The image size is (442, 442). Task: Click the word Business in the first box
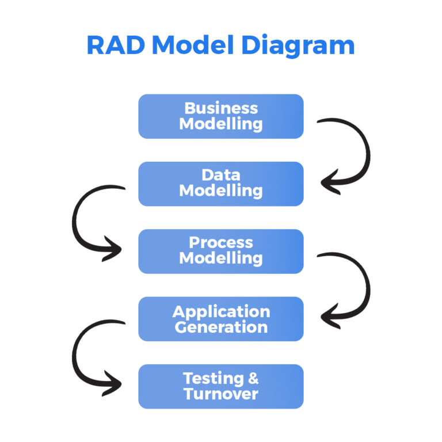(221, 108)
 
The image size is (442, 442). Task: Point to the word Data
(221, 176)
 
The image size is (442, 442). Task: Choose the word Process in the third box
(221, 243)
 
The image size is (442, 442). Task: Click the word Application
(221, 311)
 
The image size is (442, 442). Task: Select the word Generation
(221, 327)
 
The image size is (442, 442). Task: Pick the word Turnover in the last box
(221, 394)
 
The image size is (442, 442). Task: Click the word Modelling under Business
(221, 123)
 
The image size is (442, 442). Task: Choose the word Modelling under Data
(221, 191)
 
